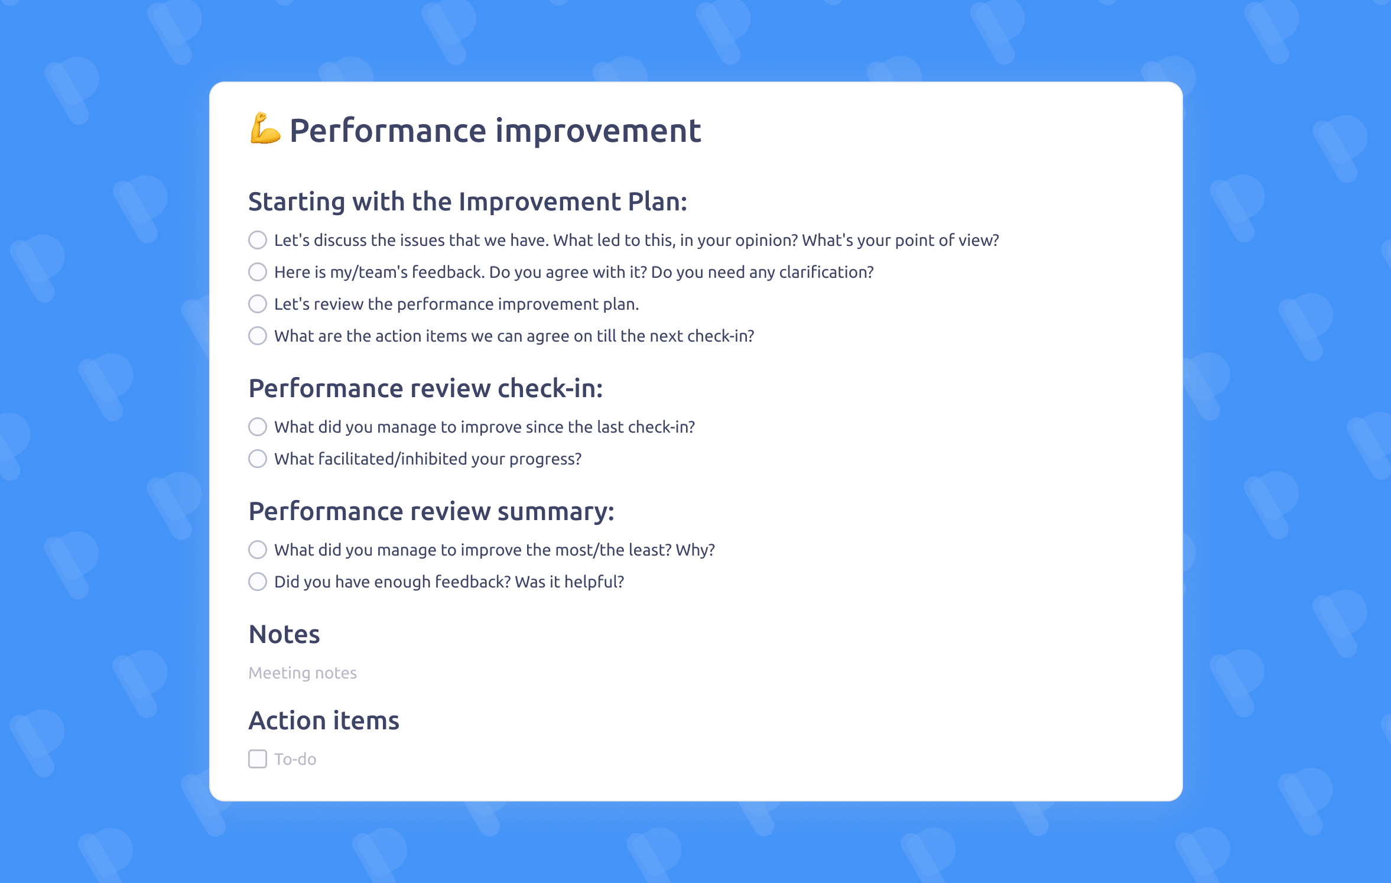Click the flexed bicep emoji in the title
pyautogui.click(x=265, y=129)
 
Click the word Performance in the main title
pyautogui.click(x=388, y=131)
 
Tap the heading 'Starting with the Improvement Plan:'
pyautogui.click(x=467, y=202)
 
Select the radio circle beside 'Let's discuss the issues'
pyautogui.click(x=258, y=240)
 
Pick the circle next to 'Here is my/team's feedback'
pyautogui.click(x=258, y=272)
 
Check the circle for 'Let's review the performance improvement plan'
pyautogui.click(x=258, y=304)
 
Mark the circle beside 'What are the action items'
pyautogui.click(x=258, y=336)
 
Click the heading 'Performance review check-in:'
pyautogui.click(x=425, y=388)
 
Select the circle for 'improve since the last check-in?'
pyautogui.click(x=258, y=427)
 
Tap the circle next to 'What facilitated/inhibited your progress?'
pyautogui.click(x=258, y=459)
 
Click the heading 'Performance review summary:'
pyautogui.click(x=431, y=511)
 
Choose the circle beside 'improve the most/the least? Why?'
pyautogui.click(x=258, y=550)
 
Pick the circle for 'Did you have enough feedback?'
pyautogui.click(x=258, y=582)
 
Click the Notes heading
pyautogui.click(x=284, y=634)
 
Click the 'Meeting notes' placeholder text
pyautogui.click(x=303, y=673)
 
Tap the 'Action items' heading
pyautogui.click(x=324, y=720)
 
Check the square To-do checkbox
pyautogui.click(x=258, y=759)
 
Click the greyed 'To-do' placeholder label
pyautogui.click(x=295, y=759)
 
